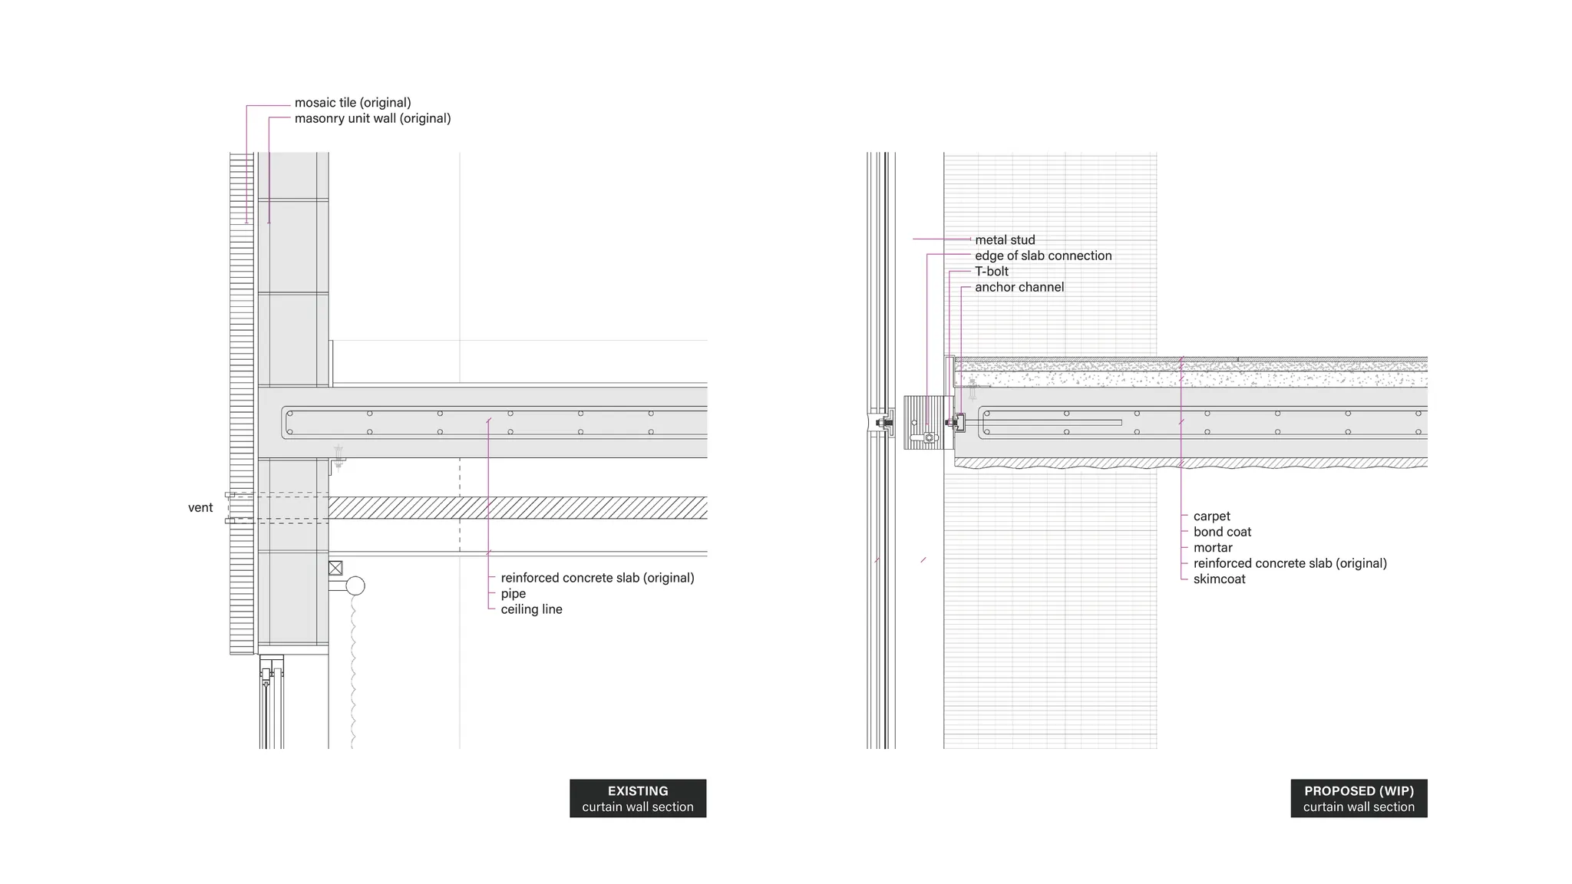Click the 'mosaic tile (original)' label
tap(352, 103)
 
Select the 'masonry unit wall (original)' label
tap(372, 118)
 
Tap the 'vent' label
tap(200, 508)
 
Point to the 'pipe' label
tap(513, 594)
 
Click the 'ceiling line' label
tap(531, 609)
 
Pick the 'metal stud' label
tap(1005, 240)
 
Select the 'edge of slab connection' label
tap(1043, 256)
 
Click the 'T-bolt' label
tap(992, 272)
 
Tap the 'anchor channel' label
tap(1019, 287)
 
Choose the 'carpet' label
tap(1211, 516)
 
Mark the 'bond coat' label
tap(1222, 532)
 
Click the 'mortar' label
tap(1213, 548)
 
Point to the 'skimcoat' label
tap(1219, 579)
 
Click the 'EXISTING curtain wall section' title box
tap(637, 798)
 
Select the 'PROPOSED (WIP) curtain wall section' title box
tap(1359, 798)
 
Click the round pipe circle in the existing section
tap(355, 586)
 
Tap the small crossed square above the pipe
tap(335, 568)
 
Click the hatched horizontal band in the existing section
tap(517, 507)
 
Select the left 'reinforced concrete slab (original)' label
tap(597, 578)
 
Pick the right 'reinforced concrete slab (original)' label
tap(1290, 563)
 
